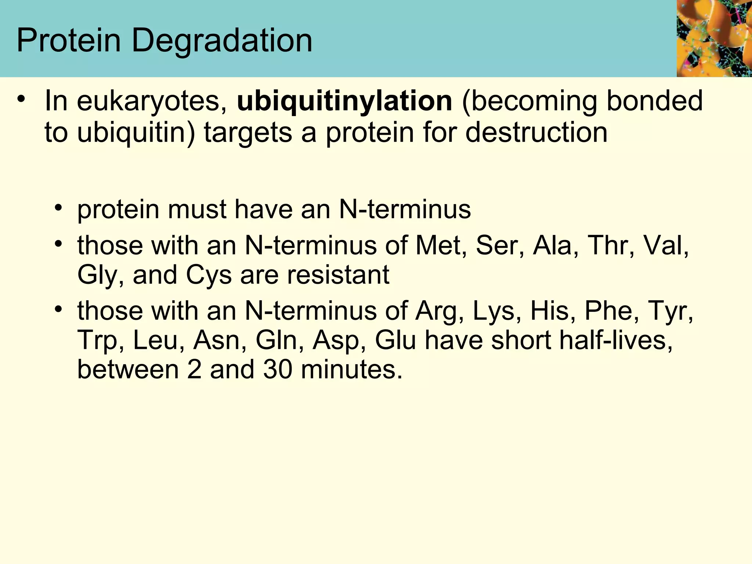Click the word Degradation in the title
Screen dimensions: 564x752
click(x=222, y=41)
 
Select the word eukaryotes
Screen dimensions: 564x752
click(x=151, y=101)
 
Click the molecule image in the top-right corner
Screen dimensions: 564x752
click(x=714, y=38)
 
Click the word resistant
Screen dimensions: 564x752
click(x=338, y=275)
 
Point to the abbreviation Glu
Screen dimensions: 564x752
click(x=395, y=340)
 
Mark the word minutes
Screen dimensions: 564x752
click(x=351, y=369)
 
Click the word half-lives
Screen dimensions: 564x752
click(x=582, y=340)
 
